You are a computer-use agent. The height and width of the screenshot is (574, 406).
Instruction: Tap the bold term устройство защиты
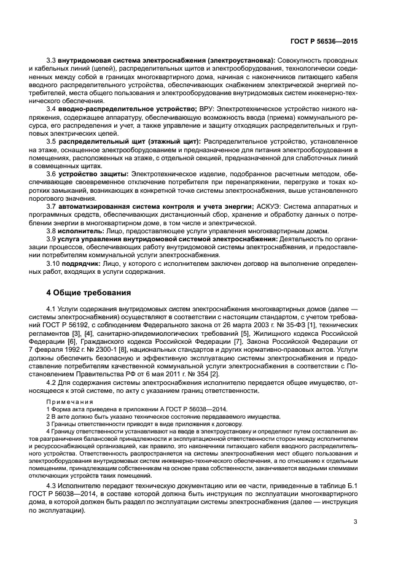(x=94, y=174)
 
